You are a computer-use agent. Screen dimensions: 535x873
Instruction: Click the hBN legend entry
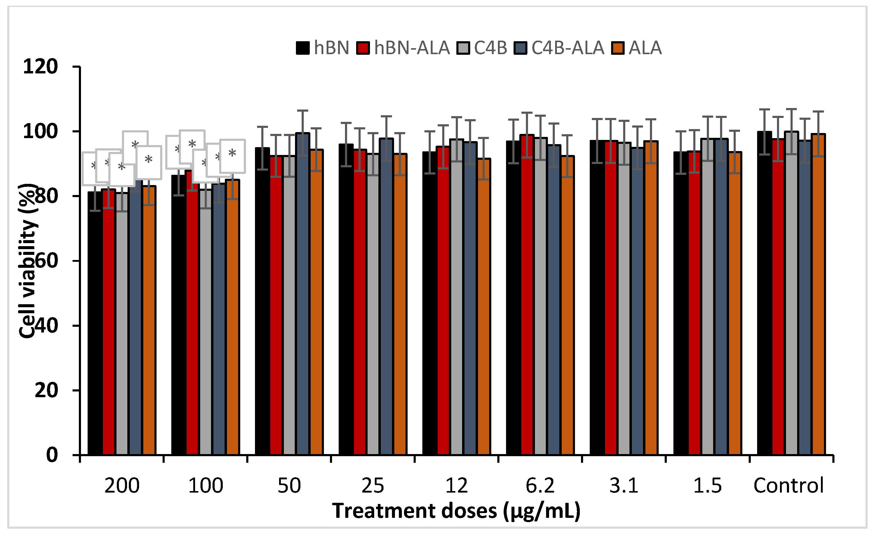(x=323, y=48)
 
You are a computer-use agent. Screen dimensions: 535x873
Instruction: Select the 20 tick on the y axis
(x=46, y=390)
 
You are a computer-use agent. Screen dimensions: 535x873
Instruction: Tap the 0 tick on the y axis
(x=52, y=455)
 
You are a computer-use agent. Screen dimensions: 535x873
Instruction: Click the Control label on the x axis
(x=789, y=485)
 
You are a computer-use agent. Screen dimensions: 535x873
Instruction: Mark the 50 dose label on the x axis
(x=289, y=485)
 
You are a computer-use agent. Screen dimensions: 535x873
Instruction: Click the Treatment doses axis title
(x=456, y=511)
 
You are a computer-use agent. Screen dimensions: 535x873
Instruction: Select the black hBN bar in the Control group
(x=764, y=294)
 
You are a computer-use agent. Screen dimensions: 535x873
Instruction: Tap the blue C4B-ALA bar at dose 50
(x=303, y=294)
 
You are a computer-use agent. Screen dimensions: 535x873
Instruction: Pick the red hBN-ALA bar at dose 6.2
(x=527, y=294)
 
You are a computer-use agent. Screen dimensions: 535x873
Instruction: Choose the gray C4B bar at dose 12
(x=456, y=297)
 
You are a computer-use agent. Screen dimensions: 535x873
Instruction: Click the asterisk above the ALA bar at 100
(x=232, y=154)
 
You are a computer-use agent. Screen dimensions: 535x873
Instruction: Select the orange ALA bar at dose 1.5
(x=735, y=305)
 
